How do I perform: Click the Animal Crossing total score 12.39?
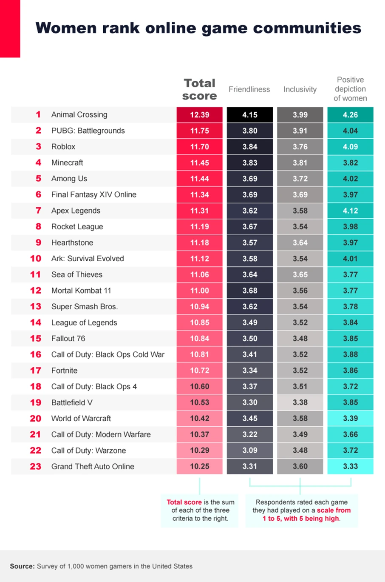[x=199, y=115]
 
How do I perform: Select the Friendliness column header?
[x=249, y=89]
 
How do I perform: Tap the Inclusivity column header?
[x=300, y=89]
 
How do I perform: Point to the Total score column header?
[x=199, y=89]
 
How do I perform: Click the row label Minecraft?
[x=67, y=163]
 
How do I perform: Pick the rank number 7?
[x=38, y=211]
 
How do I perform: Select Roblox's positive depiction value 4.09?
[x=350, y=147]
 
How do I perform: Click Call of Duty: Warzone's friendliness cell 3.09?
[x=249, y=450]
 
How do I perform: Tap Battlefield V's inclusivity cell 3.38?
[x=300, y=402]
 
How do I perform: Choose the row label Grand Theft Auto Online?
[x=93, y=466]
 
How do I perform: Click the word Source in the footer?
[x=22, y=566]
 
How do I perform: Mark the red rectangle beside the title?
[x=10, y=29]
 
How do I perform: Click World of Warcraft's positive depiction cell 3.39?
[x=350, y=418]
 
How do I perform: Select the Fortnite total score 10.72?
[x=199, y=371]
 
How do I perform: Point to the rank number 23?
[x=36, y=466]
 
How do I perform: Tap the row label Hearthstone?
[x=72, y=242]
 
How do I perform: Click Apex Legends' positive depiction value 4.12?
[x=350, y=211]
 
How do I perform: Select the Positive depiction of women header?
[x=350, y=89]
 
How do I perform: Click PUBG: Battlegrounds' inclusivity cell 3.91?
[x=300, y=131]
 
